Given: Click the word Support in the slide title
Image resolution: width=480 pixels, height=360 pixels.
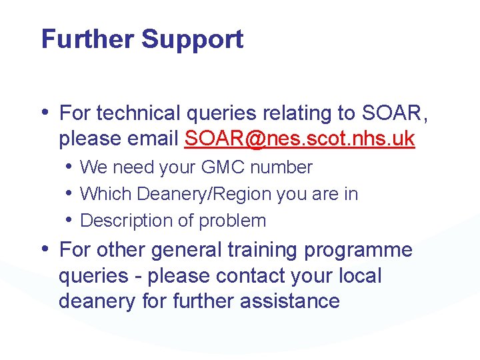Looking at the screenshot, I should point(192,40).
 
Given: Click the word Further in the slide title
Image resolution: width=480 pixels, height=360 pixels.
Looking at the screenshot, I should point(87,39).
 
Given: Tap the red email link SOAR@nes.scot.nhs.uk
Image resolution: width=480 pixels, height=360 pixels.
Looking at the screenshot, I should point(300,139).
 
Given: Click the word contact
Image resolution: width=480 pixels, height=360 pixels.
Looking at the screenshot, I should point(266,276).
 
